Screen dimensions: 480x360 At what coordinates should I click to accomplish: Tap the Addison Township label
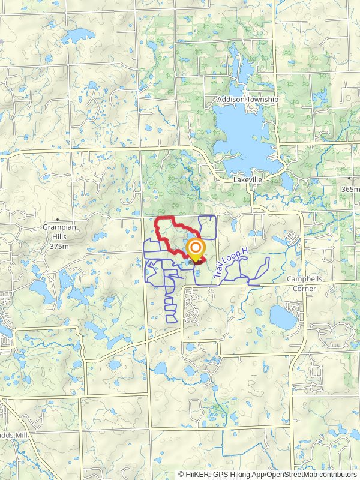tap(248, 99)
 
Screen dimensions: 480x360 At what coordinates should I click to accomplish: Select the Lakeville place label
tap(248, 179)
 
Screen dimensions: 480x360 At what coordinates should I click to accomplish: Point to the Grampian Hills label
tap(58, 227)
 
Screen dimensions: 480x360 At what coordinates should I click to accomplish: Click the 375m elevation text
tap(58, 246)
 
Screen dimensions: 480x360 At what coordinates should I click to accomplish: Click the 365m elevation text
tap(350, 189)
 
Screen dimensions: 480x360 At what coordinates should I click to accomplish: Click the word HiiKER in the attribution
tap(197, 474)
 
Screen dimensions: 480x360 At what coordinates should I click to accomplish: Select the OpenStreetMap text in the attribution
tap(294, 474)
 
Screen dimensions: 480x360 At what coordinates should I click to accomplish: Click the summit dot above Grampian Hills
tap(58, 220)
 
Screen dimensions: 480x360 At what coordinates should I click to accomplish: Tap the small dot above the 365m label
tap(349, 178)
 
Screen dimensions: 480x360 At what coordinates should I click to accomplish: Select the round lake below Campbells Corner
tap(283, 317)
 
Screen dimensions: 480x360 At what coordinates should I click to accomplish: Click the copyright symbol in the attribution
tap(181, 474)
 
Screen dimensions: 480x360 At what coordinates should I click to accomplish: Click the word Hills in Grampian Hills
tap(58, 237)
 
